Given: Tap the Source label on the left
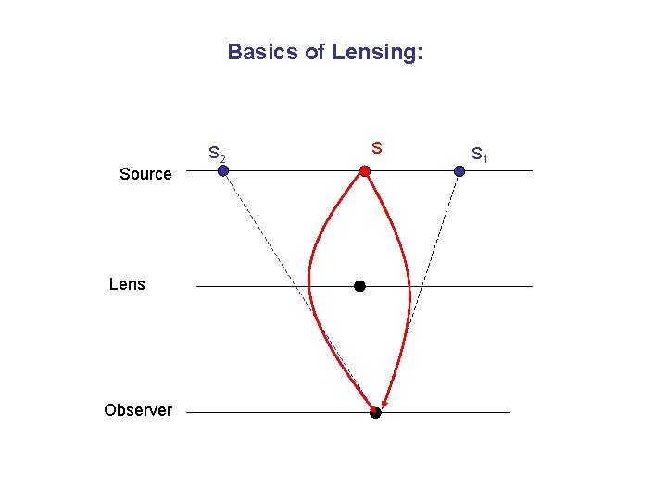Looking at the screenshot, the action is pyautogui.click(x=145, y=174).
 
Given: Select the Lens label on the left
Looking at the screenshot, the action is pyautogui.click(x=127, y=284).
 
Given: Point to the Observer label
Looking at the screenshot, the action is pyautogui.click(x=138, y=410).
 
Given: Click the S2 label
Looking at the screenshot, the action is pyautogui.click(x=217, y=154).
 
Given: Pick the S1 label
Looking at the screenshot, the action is pyautogui.click(x=480, y=154).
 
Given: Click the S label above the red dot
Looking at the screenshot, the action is pyautogui.click(x=377, y=147).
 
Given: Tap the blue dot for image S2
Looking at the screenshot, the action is pyautogui.click(x=223, y=170).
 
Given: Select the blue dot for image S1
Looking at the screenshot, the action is pyautogui.click(x=459, y=170).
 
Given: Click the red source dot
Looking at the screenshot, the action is pyautogui.click(x=365, y=171).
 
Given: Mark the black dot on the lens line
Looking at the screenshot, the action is pyautogui.click(x=359, y=286).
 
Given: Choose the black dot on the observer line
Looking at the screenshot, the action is pyautogui.click(x=375, y=413).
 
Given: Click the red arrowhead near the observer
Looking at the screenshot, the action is pyautogui.click(x=384, y=404).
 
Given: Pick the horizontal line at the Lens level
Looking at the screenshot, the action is pyautogui.click(x=463, y=286).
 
